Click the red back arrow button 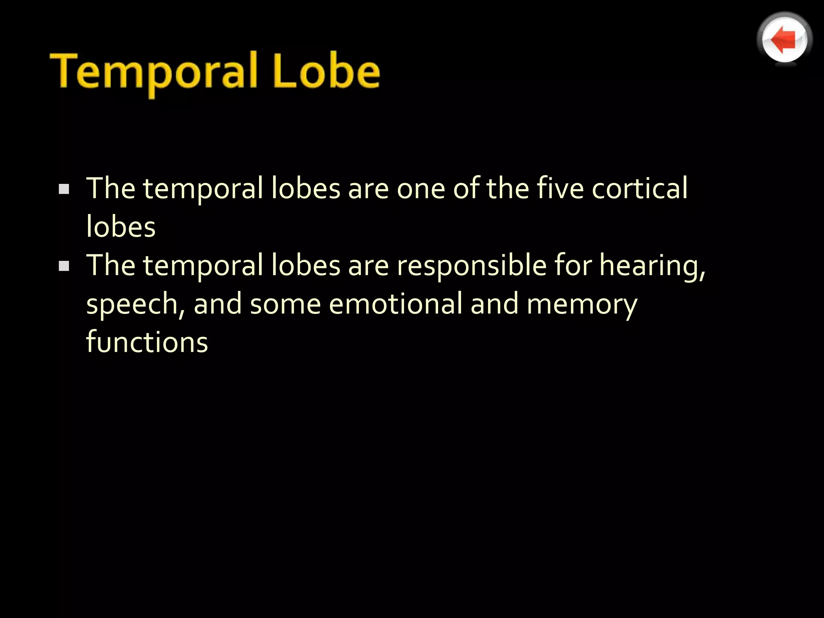[784, 39]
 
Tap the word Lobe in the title [326, 72]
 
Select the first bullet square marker [64, 189]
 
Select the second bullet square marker [64, 266]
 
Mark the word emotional [396, 304]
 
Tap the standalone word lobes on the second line [121, 227]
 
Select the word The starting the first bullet [111, 188]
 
